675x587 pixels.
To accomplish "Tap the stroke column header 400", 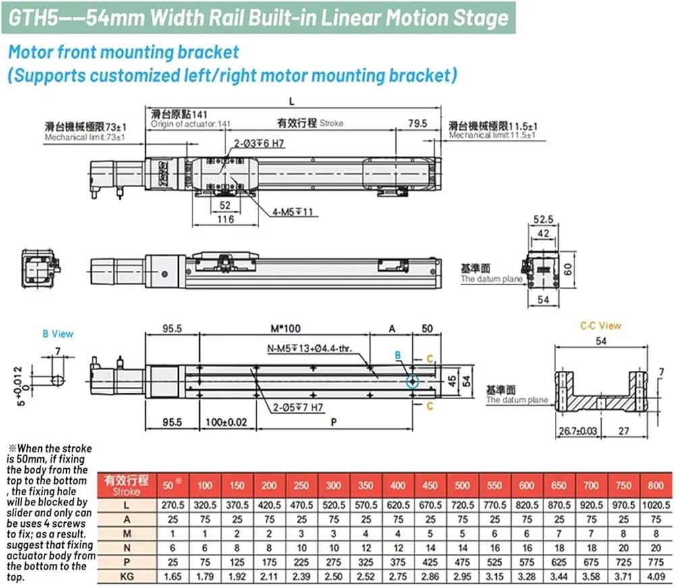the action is pyautogui.click(x=398, y=485).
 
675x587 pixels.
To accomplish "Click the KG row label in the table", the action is pyautogui.click(x=125, y=576).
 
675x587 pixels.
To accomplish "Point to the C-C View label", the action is pyautogui.click(x=601, y=326).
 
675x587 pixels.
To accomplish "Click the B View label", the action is pyautogui.click(x=58, y=334).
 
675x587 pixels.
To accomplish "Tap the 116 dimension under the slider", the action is pyautogui.click(x=225, y=219).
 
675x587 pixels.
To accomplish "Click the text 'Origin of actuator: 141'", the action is pyautogui.click(x=191, y=124).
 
